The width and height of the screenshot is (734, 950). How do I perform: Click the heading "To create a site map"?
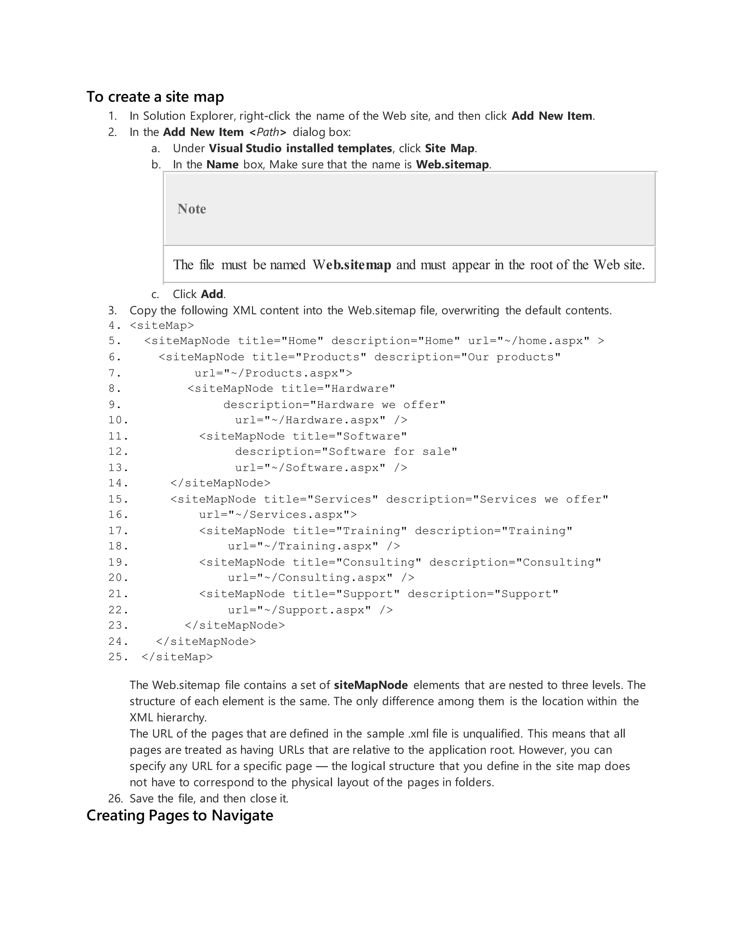point(155,96)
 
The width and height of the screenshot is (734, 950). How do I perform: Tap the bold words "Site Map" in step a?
point(450,148)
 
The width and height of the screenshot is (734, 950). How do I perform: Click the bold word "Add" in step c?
point(212,294)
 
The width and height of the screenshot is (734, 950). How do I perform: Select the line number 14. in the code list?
point(118,483)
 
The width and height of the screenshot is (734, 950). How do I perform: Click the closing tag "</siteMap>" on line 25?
point(177,657)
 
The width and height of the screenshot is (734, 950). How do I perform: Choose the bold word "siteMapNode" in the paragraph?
point(371,685)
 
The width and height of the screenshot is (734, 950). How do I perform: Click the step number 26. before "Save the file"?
point(115,799)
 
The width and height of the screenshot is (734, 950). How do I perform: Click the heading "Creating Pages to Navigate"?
point(180,816)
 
